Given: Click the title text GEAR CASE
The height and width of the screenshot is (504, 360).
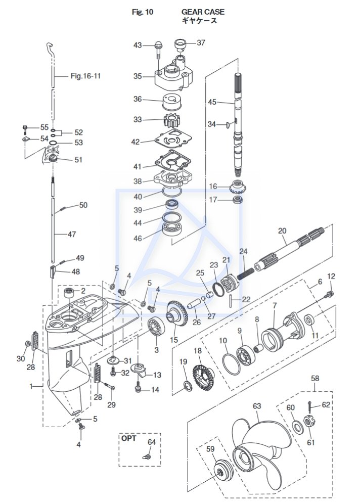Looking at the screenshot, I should (203, 11).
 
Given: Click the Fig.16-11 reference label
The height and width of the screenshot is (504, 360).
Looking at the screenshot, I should (85, 76).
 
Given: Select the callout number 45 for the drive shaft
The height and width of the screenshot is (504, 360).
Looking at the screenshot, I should (212, 102).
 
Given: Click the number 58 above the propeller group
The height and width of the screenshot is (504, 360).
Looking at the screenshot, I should (314, 378).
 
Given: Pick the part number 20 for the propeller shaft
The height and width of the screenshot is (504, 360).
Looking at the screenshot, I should (282, 231).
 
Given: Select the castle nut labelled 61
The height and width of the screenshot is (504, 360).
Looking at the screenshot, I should (306, 421).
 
